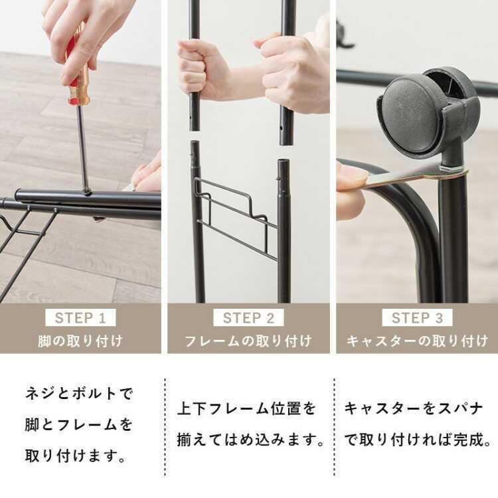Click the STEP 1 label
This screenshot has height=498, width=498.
(x=80, y=318)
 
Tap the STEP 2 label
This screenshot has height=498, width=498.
(x=248, y=318)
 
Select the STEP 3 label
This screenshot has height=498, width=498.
(x=417, y=318)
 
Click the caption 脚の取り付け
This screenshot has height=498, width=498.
(x=80, y=341)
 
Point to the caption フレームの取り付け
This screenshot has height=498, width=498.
(x=248, y=341)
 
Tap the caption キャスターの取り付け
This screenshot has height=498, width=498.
(x=417, y=341)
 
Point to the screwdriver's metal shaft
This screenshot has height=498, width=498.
(x=82, y=146)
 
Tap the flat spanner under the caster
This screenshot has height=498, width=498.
(x=412, y=176)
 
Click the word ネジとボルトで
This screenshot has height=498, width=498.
(x=79, y=393)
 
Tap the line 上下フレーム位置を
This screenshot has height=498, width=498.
(x=246, y=408)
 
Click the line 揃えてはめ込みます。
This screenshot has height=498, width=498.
(x=252, y=440)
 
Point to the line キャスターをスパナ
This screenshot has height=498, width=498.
(x=414, y=408)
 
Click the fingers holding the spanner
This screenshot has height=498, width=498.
(x=350, y=189)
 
